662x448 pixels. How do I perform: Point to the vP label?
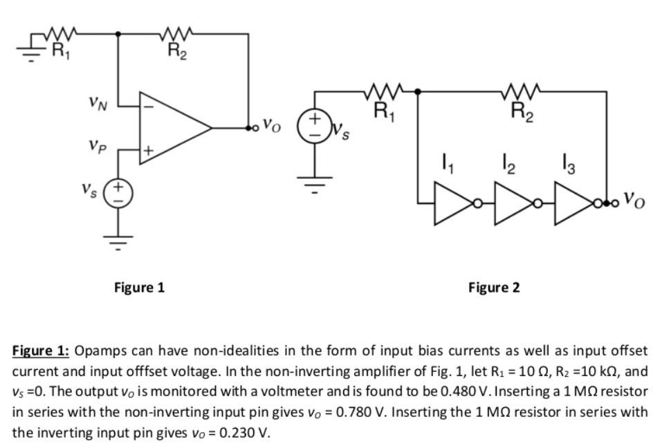(x=98, y=146)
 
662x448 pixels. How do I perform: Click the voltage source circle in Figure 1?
(x=118, y=192)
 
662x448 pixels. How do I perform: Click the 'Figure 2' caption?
(x=494, y=287)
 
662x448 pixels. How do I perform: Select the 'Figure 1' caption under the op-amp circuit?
(x=139, y=287)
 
